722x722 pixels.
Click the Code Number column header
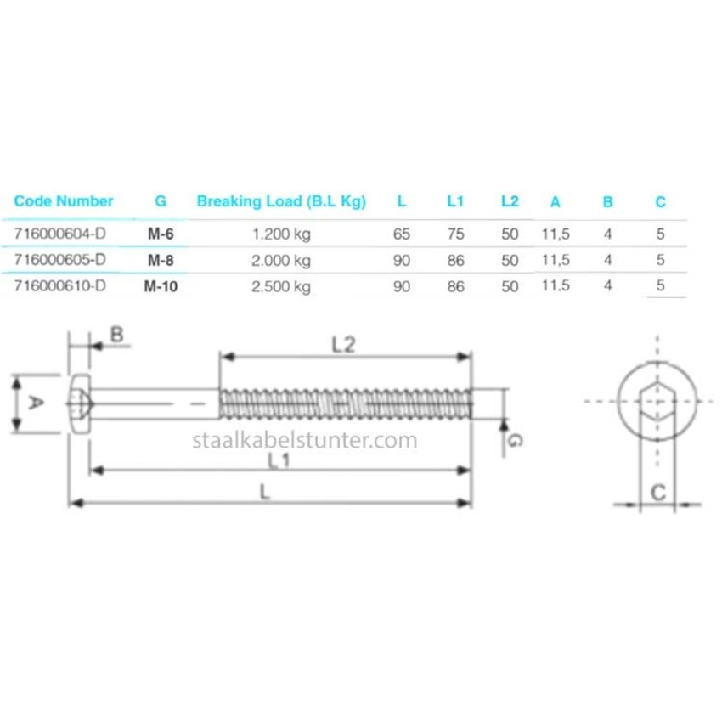64,201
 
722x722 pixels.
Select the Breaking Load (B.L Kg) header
281,201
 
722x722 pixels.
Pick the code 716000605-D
60,260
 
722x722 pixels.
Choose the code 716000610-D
60,286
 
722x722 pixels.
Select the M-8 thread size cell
161,260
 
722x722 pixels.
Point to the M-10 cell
161,286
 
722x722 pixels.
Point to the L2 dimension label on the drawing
343,344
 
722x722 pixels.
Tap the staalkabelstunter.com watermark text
306,440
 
